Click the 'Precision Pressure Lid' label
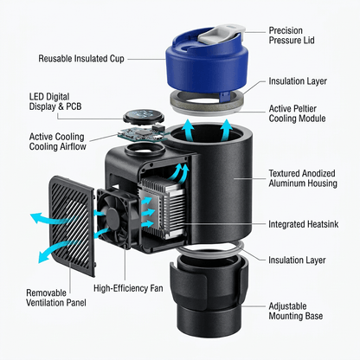292,35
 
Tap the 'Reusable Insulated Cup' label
81,59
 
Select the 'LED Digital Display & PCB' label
55,101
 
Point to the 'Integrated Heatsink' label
303,224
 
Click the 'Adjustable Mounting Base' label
296,311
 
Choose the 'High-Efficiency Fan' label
128,288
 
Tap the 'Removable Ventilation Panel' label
56,298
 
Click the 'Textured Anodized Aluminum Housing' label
303,178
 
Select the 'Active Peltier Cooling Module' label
297,113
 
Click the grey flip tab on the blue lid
222,34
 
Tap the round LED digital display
144,116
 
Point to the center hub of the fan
112,215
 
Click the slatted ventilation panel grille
72,226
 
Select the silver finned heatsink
162,208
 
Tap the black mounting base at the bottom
209,297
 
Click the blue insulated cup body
207,67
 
